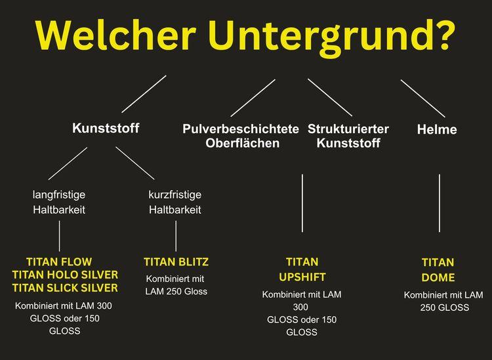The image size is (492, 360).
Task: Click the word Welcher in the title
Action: [x=115, y=35]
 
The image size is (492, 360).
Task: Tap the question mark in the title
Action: [x=443, y=35]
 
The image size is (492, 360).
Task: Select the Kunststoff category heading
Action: [x=106, y=129]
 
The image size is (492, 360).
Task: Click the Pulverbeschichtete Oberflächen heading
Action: [x=241, y=136]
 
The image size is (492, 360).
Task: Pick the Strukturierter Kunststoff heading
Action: [x=348, y=136]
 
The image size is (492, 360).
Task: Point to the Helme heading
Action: [x=437, y=129]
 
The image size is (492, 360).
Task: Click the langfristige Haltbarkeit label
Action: [x=59, y=202]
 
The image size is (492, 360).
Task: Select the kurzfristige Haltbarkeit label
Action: [x=174, y=202]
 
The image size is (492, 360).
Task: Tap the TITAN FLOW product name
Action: [x=59, y=262]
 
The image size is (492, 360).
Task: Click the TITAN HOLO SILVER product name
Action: [x=65, y=275]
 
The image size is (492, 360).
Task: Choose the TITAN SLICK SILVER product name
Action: [x=65, y=288]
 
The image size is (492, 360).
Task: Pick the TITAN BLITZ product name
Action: [x=176, y=262]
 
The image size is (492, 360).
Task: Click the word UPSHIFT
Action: [x=302, y=277]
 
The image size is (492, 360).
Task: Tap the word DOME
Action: [x=438, y=277]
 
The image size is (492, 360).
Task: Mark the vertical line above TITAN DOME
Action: [x=440, y=203]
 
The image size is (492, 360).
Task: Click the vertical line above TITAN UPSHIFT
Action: [x=302, y=203]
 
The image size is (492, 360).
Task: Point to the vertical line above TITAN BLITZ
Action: [x=176, y=236]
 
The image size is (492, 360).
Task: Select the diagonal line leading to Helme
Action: [x=422, y=98]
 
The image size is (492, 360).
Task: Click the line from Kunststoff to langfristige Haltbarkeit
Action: [x=68, y=163]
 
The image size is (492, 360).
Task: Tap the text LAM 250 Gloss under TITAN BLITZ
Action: [x=176, y=292]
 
